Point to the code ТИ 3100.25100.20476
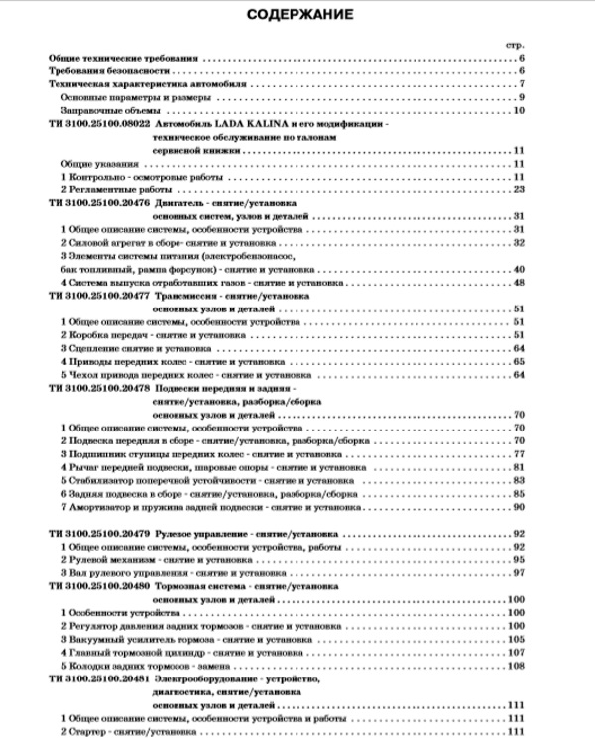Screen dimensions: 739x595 pos(97,202)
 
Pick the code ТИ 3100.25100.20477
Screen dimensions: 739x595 pos(97,296)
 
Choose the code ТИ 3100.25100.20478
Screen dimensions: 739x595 pos(97,389)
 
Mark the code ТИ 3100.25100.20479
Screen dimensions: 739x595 pos(97,534)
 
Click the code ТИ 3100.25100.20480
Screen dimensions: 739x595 pos(97,586)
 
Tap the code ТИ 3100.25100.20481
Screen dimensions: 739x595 pos(97,678)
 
